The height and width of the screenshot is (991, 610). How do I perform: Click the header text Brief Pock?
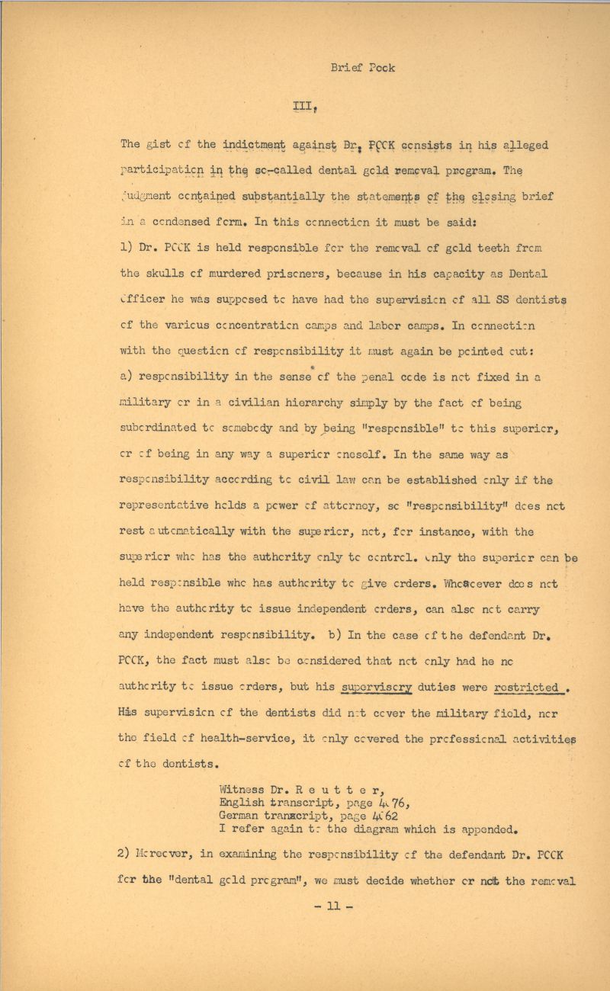click(x=363, y=67)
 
